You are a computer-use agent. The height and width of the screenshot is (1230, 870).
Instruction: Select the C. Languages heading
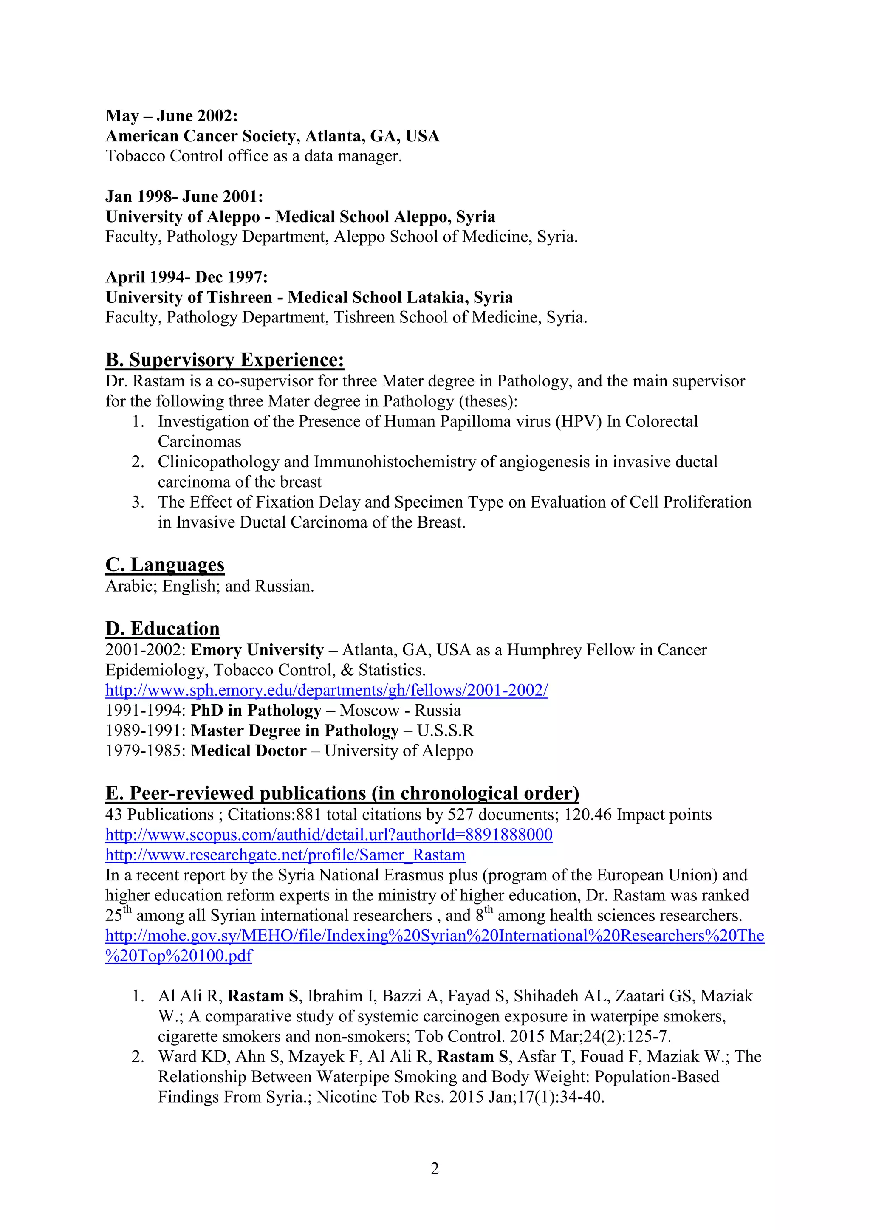coord(165,564)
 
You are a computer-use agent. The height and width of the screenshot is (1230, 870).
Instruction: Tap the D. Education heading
coord(162,629)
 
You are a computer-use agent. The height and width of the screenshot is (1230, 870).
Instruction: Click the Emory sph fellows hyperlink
coord(326,690)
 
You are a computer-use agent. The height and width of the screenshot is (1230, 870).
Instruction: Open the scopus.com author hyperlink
coord(328,835)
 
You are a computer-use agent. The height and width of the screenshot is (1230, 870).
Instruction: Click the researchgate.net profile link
coord(285,855)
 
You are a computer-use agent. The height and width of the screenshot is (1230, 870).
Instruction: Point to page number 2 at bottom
coord(435,1168)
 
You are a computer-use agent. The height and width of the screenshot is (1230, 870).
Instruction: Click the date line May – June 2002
coord(172,116)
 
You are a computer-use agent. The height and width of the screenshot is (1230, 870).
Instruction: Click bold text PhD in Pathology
coord(256,711)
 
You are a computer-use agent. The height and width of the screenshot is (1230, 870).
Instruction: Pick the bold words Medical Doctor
coord(248,750)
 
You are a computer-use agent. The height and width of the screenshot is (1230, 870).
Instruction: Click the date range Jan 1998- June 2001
coord(184,197)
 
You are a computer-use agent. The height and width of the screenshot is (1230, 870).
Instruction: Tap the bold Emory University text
coord(257,650)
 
